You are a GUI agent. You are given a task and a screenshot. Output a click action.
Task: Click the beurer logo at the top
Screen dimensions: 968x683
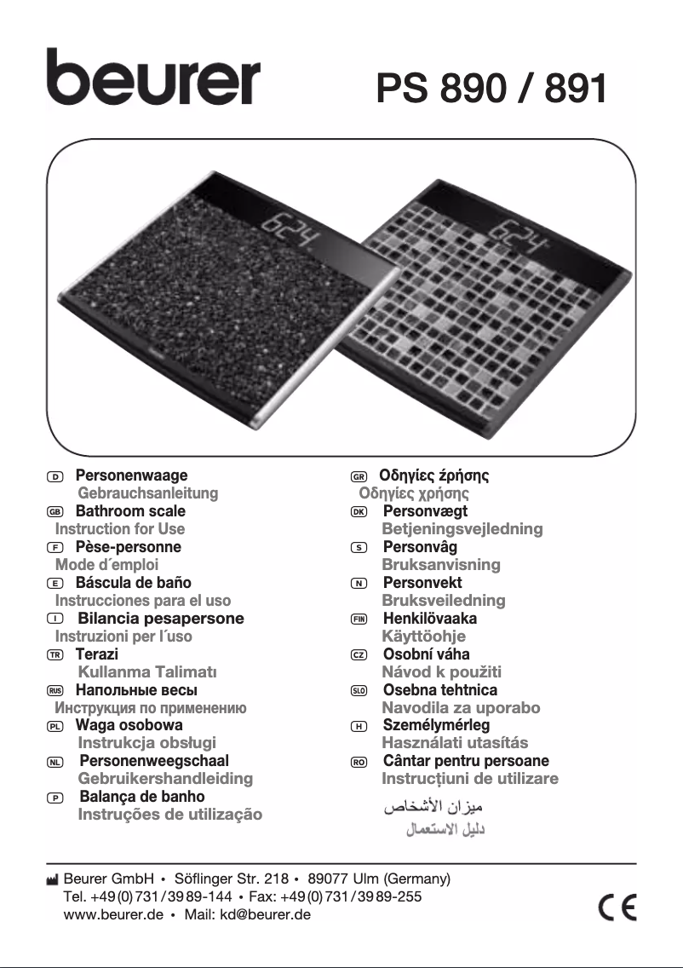pyautogui.click(x=153, y=78)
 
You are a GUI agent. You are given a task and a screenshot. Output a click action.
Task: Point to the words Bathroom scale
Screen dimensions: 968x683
pyautogui.click(x=130, y=511)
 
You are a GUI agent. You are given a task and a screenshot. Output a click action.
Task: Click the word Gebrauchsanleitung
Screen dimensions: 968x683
pyautogui.click(x=148, y=493)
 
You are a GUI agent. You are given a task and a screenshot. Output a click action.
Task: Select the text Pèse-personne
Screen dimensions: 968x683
pyautogui.click(x=128, y=547)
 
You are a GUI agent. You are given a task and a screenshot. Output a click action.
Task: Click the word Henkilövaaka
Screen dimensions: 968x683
pyautogui.click(x=429, y=619)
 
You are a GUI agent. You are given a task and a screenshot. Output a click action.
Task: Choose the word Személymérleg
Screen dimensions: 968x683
pyautogui.click(x=436, y=725)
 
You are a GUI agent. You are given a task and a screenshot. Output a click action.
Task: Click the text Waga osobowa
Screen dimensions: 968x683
pyautogui.click(x=129, y=726)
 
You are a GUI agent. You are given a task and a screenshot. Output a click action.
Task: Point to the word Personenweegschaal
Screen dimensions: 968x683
pyautogui.click(x=154, y=761)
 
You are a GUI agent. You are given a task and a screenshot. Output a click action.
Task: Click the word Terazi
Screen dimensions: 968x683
pyautogui.click(x=96, y=654)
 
